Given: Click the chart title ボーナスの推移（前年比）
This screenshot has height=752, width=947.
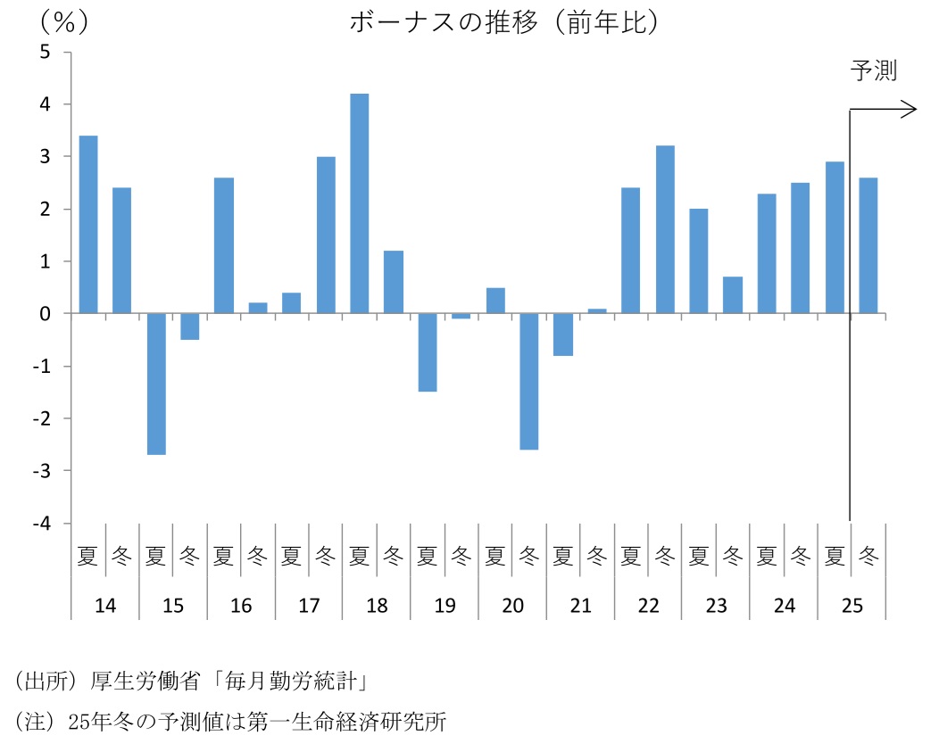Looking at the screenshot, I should (x=503, y=22).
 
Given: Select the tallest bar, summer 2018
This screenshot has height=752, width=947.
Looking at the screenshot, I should (x=360, y=203).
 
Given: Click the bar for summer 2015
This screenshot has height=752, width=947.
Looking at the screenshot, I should (x=156, y=384).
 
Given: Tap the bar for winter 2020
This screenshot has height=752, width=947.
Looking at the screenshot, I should (x=529, y=381).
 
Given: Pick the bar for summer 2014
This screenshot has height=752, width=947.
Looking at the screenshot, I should (x=88, y=225).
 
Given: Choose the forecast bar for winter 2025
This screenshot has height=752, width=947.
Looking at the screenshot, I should (x=868, y=245).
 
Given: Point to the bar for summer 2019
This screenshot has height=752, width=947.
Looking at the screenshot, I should (x=428, y=352).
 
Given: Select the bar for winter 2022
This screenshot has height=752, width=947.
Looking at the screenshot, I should (x=665, y=229).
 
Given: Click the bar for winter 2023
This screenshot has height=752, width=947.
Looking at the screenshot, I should (x=733, y=295).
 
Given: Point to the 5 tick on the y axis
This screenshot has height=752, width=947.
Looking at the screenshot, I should (x=45, y=53).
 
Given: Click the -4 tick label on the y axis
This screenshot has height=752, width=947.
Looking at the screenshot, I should (x=41, y=524).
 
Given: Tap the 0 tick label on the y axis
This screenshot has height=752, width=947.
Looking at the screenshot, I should (x=45, y=314).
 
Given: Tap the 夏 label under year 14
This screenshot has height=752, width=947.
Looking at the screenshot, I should (x=88, y=557).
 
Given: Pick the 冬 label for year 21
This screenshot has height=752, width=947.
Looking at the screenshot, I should (x=597, y=557).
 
